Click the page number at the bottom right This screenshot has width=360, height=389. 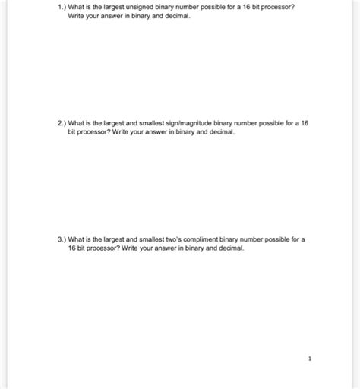click(x=310, y=357)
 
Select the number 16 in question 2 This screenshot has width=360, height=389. click(x=303, y=123)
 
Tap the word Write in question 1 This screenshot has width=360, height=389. click(x=77, y=16)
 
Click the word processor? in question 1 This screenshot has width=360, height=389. click(x=279, y=7)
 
